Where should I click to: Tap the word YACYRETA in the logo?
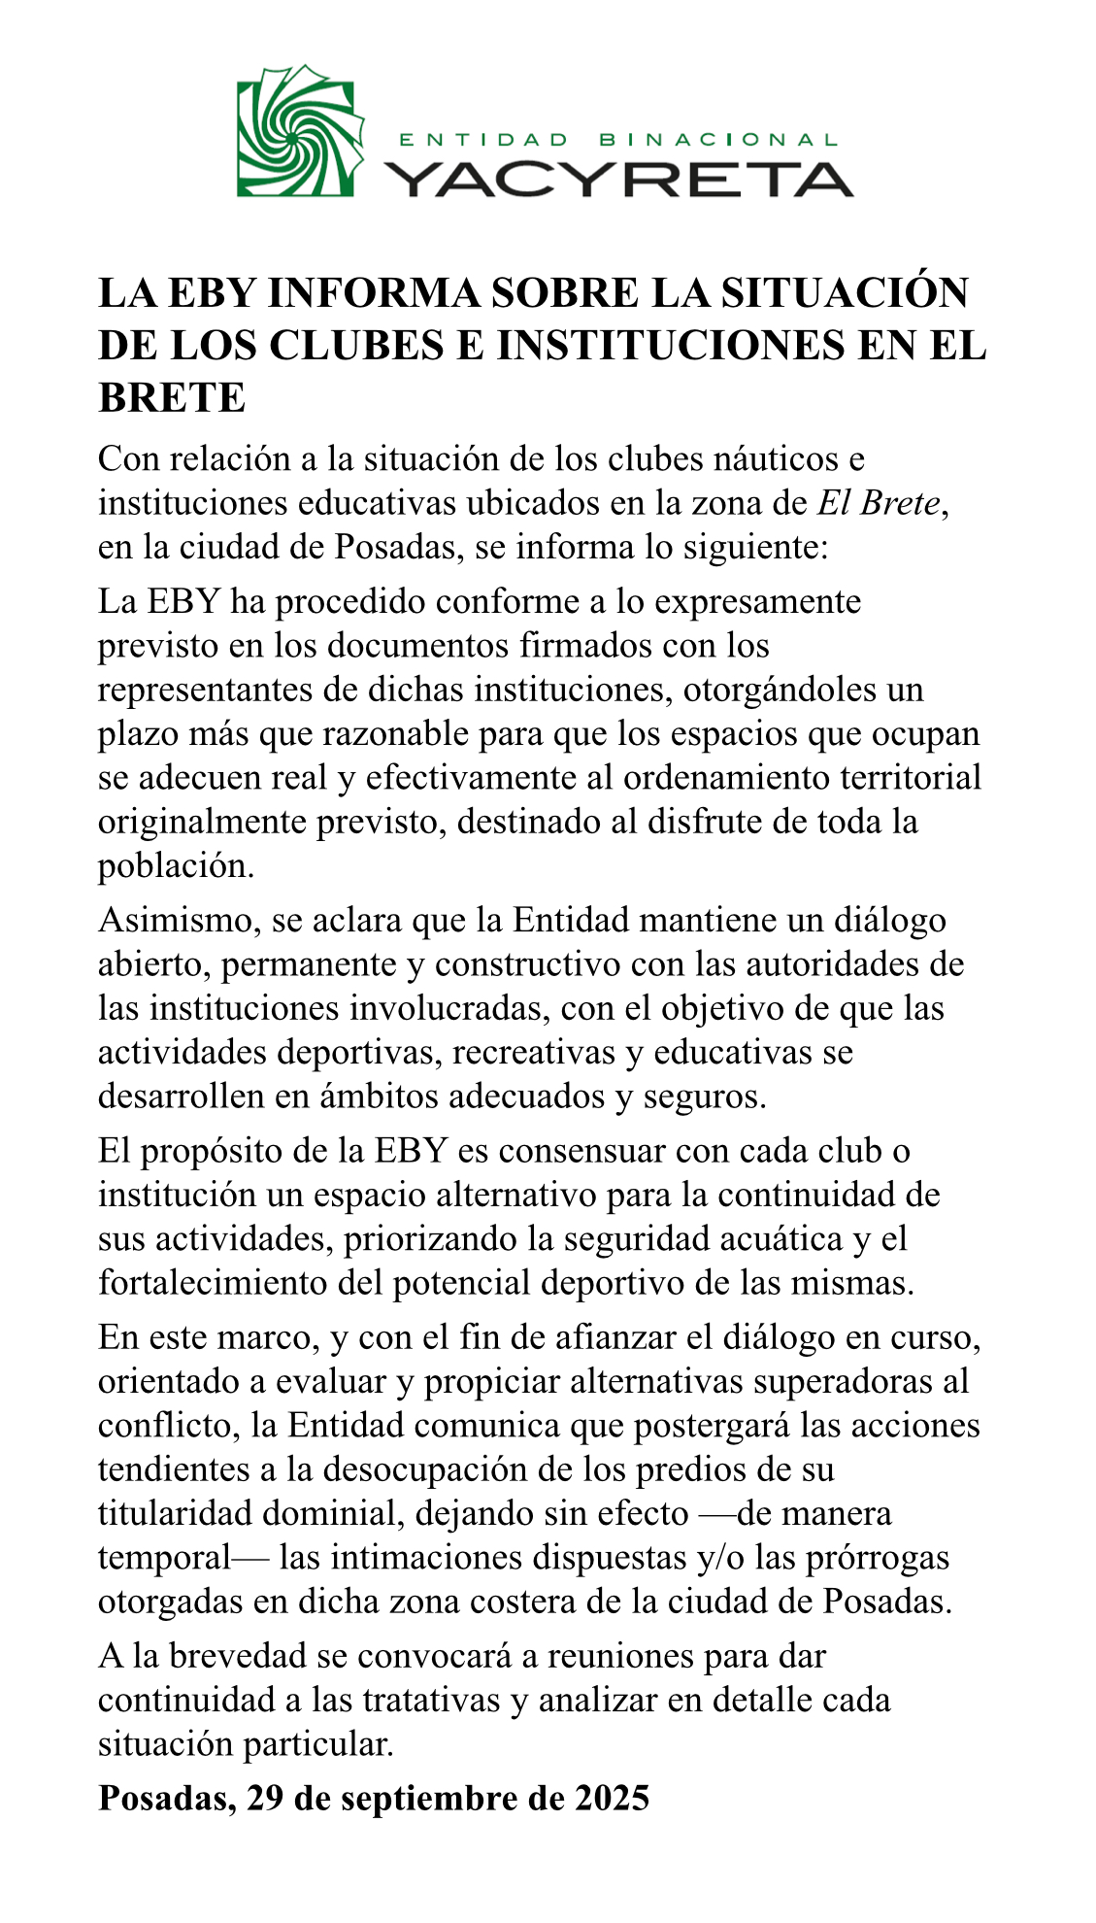(x=617, y=179)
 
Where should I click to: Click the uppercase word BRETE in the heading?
(x=172, y=397)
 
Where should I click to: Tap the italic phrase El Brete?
(x=879, y=503)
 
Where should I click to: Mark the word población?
(x=176, y=865)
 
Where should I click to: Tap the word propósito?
(x=218, y=1151)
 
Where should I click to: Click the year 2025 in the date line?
(x=611, y=1799)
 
